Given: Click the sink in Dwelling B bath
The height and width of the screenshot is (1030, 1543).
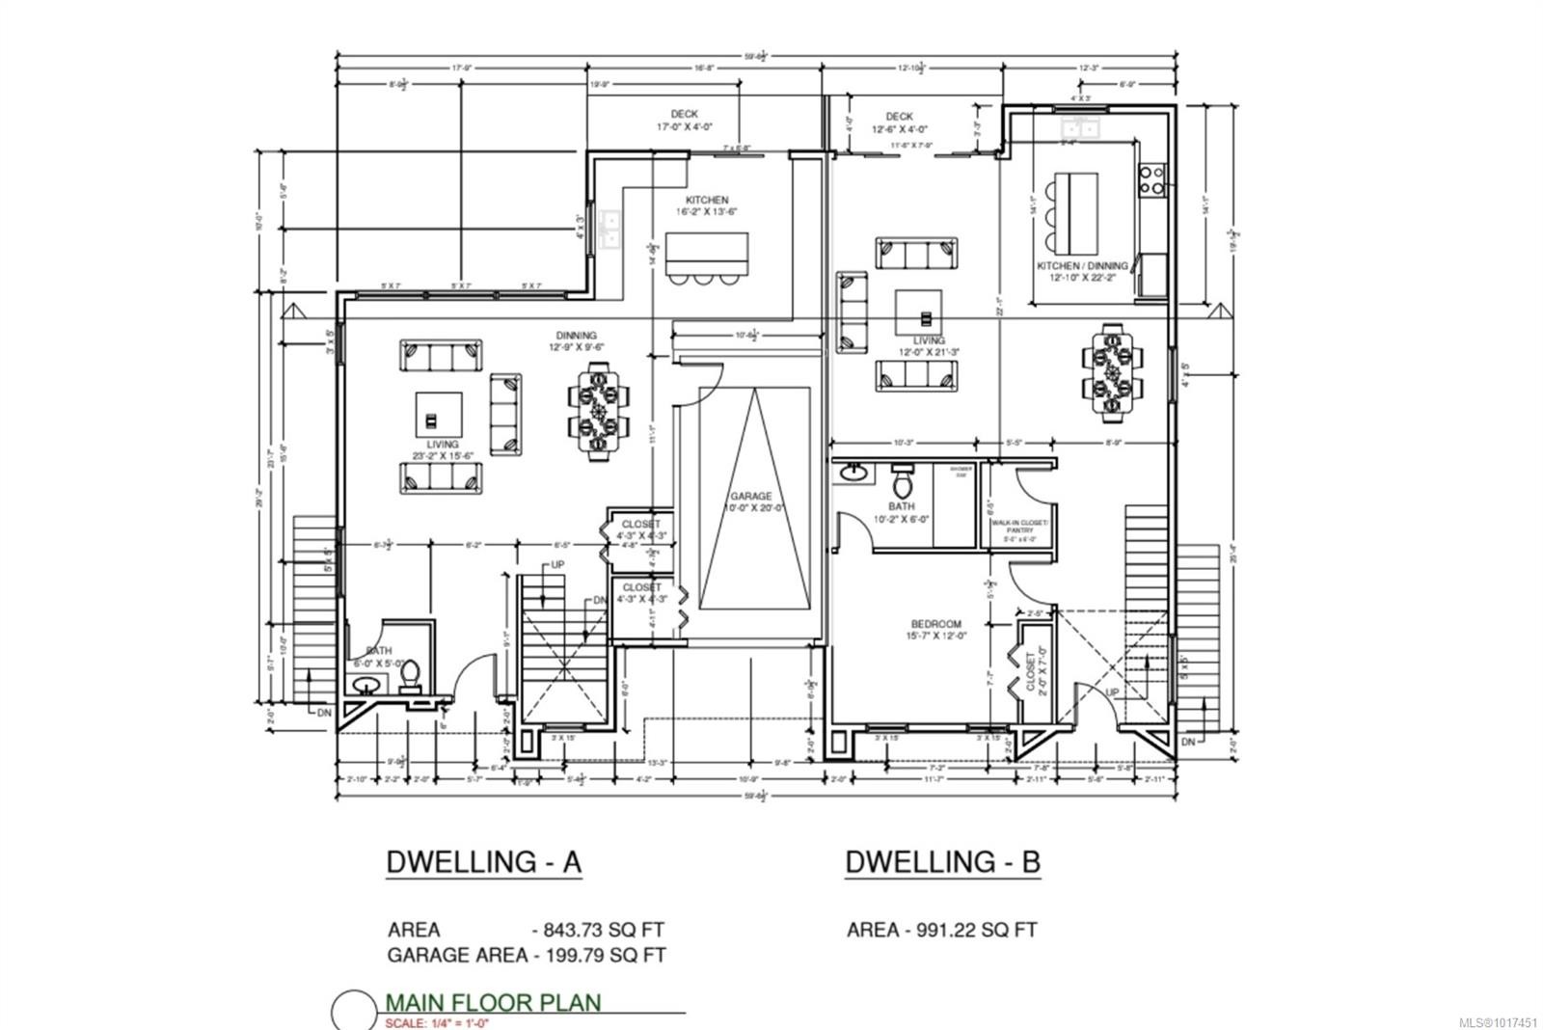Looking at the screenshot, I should (853, 474).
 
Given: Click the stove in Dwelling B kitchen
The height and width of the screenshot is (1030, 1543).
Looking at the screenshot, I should (1151, 180).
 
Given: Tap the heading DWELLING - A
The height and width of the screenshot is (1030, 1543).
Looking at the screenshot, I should (483, 861).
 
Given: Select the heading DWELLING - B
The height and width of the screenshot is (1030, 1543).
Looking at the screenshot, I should (942, 861).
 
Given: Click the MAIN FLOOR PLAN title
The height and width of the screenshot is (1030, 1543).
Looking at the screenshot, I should (493, 1002).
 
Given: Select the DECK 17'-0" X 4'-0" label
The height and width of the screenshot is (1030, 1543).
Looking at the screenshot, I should (684, 120).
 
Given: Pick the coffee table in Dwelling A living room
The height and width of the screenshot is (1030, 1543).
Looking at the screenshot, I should (434, 416).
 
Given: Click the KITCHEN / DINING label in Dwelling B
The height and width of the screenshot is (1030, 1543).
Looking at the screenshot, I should (1082, 271).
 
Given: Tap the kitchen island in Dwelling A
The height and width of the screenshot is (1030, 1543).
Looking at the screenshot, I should (707, 254).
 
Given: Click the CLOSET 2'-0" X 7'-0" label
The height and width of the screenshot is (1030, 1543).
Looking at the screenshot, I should (1034, 671).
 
